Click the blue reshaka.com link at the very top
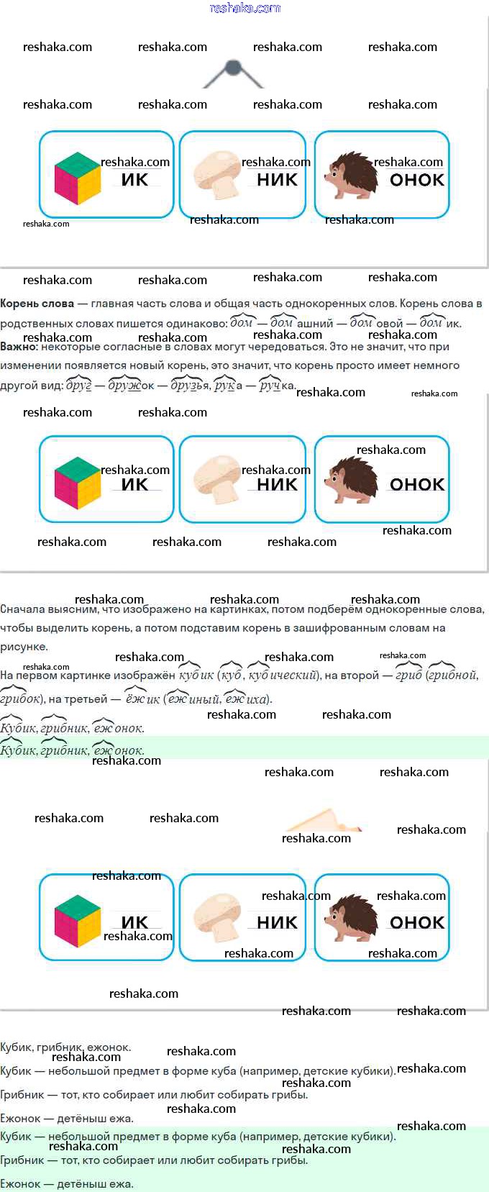[x=244, y=8]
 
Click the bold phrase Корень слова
[x=37, y=304]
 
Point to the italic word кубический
[x=283, y=675]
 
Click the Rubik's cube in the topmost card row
[x=78, y=178]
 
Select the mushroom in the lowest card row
[x=217, y=918]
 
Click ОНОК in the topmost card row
[x=417, y=180]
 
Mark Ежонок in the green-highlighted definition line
[x=20, y=1183]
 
